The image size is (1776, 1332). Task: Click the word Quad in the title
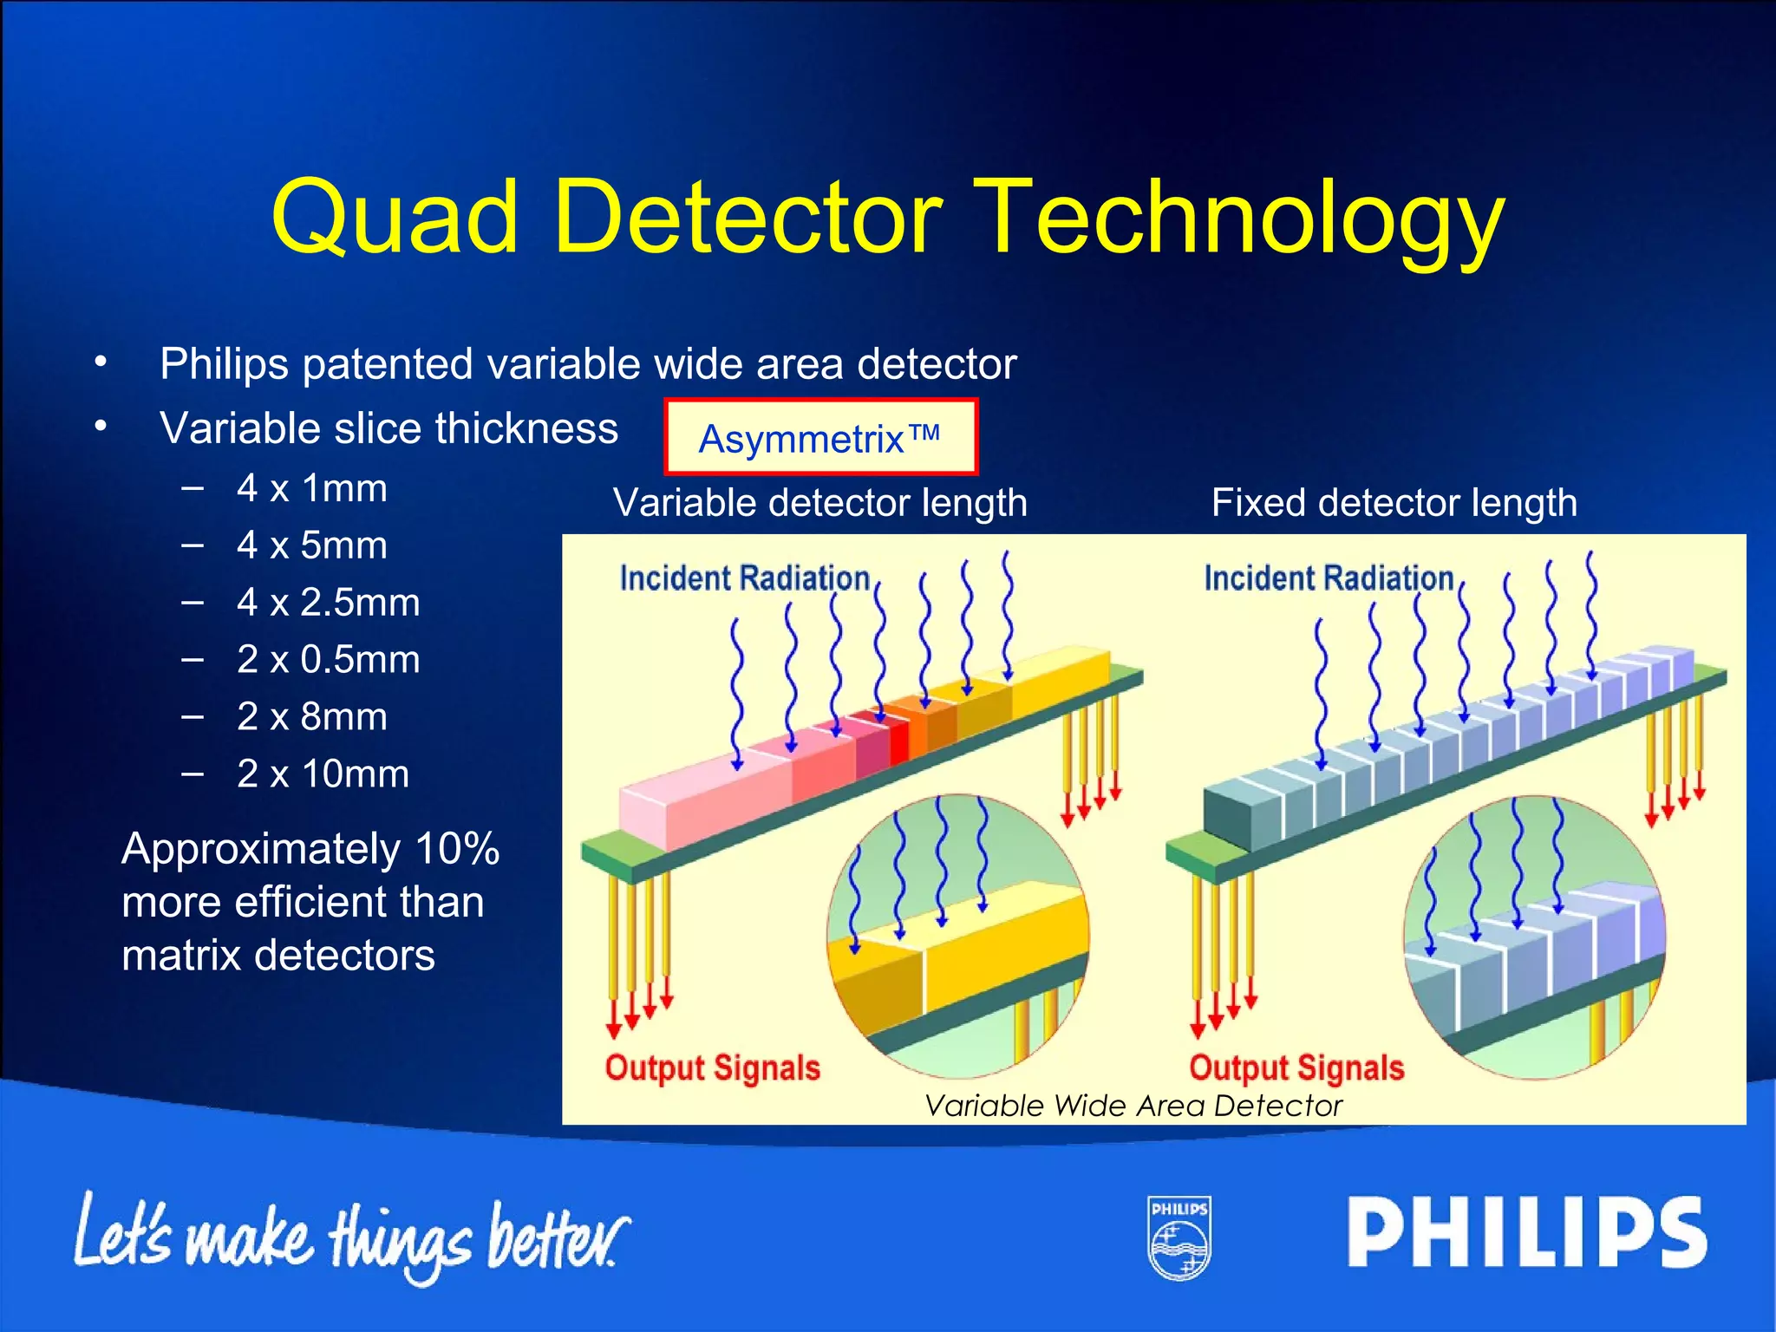(395, 217)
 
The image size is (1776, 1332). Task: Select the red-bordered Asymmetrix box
(820, 437)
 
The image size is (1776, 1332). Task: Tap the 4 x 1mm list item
(311, 488)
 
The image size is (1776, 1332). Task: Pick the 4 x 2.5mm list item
(328, 603)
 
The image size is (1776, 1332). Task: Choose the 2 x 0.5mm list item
(328, 660)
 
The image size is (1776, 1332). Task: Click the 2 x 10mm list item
(323, 774)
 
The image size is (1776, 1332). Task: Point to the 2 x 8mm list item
(311, 717)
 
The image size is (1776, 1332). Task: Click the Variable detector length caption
(819, 503)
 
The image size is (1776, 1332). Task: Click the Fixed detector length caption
(1394, 503)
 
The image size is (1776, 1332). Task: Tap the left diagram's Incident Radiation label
(744, 578)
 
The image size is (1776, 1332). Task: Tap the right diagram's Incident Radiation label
(1328, 578)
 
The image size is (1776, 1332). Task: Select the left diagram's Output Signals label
(712, 1068)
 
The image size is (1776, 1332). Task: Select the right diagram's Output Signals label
(1296, 1068)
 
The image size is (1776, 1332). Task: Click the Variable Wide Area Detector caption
(1133, 1106)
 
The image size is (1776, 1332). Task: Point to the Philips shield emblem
(1179, 1237)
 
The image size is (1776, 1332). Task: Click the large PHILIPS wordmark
(1526, 1232)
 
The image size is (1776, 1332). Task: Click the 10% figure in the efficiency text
(457, 848)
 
